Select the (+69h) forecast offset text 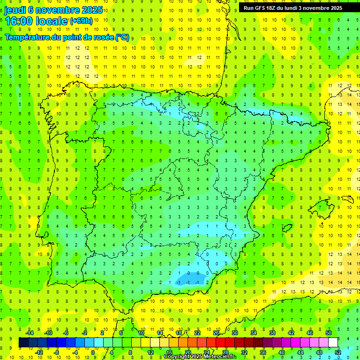pos(81,21)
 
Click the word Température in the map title pos(28,37)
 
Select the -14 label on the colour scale pos(29,333)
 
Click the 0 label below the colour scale pos(92,352)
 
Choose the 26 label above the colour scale pos(216,333)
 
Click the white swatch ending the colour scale pos(333,343)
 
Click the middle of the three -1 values pos(188,282)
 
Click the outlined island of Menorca pos(347,199)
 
